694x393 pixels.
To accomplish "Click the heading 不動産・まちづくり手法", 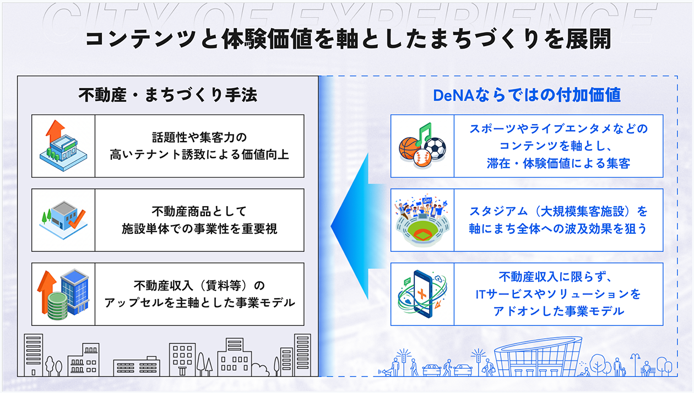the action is point(167,95).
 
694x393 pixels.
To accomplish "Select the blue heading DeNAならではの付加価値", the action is point(527,95).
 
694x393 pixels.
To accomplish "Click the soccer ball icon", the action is point(435,148).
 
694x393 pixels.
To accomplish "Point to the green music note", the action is point(423,133).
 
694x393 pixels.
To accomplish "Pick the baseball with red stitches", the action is point(422,158).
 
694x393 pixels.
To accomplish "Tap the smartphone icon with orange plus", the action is point(422,294).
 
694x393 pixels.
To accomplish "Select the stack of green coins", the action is point(57,306).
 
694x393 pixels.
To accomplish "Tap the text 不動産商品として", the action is point(199,211).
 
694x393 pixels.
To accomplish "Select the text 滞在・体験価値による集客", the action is point(559,163).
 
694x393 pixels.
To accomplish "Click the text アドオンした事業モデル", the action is point(559,311).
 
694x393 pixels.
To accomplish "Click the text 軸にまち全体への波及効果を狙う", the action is point(558,229).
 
